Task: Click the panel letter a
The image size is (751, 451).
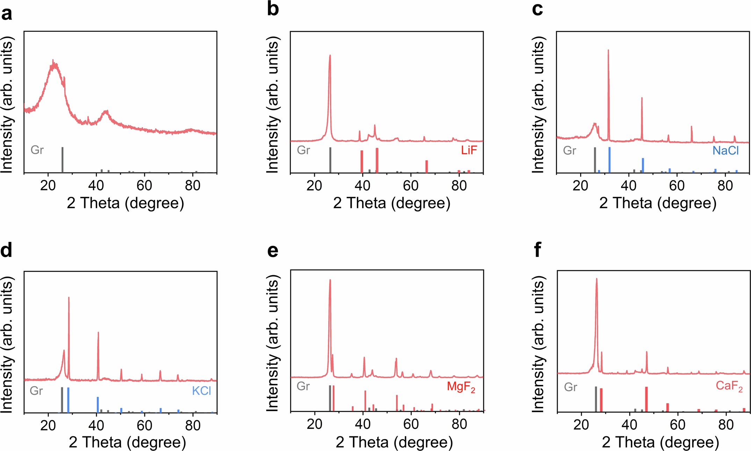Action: tap(7, 14)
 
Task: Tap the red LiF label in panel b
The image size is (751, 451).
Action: tap(469, 150)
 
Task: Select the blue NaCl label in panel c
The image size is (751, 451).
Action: tap(725, 151)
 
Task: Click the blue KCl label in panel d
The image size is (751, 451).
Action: tap(202, 391)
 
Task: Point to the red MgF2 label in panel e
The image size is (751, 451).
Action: tap(461, 387)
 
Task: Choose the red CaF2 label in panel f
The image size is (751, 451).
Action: tap(729, 386)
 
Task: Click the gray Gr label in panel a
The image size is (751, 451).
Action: tap(37, 150)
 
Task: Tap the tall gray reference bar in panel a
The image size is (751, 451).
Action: tap(63, 160)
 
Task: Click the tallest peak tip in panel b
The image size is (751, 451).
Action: tap(330, 56)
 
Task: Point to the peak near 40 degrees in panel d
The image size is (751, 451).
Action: tap(98, 333)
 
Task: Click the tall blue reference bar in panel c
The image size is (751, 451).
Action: tap(609, 160)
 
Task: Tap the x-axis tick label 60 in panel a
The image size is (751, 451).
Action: tap(144, 186)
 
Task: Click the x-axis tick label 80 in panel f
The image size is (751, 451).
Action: tap(726, 425)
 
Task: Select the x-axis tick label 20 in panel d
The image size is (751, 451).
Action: tap(48, 425)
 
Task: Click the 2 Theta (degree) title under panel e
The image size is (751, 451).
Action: tap(394, 443)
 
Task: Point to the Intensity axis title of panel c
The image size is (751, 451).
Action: tap(538, 105)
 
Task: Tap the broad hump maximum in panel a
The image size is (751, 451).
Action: tap(53, 65)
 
